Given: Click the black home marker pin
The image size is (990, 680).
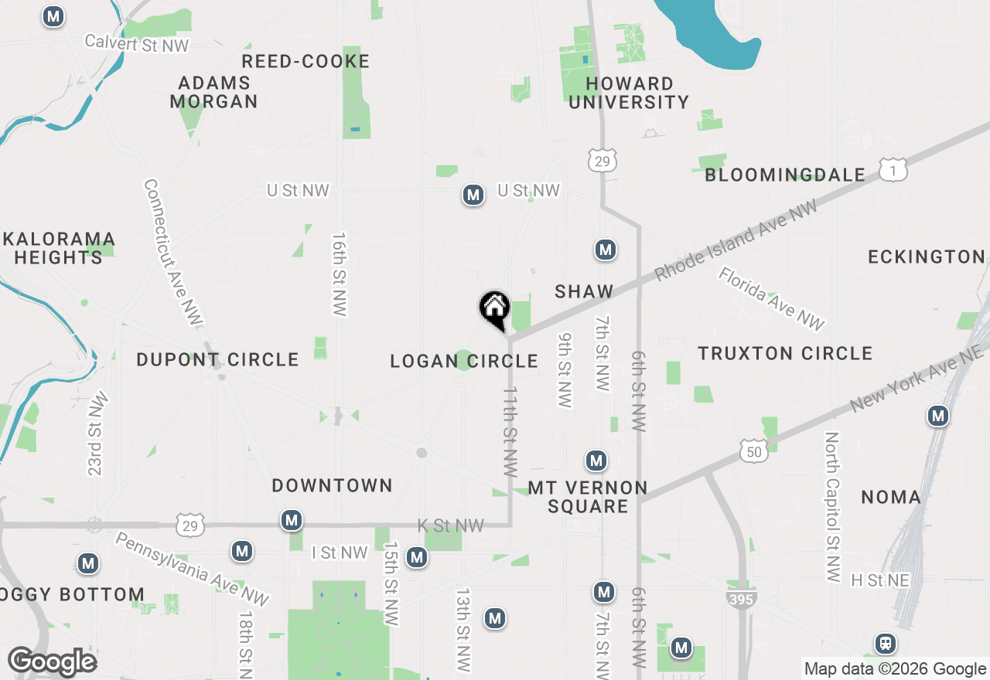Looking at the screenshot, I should pos(494,311).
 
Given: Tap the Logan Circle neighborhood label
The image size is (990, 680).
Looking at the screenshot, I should pos(464,361).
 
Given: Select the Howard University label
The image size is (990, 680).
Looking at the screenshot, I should pos(628,93).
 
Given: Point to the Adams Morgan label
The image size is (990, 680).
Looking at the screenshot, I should pos(213,92).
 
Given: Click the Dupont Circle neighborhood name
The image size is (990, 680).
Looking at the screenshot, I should pos(217,359).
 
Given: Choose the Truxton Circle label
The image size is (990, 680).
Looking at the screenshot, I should pos(785,353).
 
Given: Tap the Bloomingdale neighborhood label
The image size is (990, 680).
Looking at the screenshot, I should pos(785,175).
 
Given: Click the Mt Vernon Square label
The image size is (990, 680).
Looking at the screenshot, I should pos(588,497).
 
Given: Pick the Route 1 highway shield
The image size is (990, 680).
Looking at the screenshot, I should pos(893,170).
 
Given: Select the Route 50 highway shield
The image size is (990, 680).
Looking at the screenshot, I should pos(754,451).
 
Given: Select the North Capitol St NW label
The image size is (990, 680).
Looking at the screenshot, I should pos(832,506).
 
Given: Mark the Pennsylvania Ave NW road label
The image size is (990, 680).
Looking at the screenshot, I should pos(192,569).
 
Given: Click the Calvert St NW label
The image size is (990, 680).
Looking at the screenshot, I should pos(136,43).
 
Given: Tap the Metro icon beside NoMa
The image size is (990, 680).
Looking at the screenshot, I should pos(938,416).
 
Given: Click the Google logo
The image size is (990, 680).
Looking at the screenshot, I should pos(52,661).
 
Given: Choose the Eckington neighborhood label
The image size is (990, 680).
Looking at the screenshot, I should pos(927,257).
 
